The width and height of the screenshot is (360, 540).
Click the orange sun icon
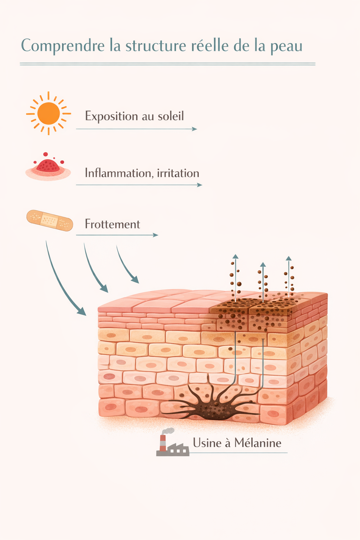coord(49,113)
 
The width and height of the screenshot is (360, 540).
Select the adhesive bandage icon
coord(50,220)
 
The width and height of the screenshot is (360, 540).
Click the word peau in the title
coord(286,46)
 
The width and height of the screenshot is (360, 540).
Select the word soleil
coord(171,116)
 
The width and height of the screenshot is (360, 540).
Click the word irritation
coord(178,173)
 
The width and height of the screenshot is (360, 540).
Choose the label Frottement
coord(112,224)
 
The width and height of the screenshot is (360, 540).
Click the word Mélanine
coord(258,443)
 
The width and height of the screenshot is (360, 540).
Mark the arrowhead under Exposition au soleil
coord(194,129)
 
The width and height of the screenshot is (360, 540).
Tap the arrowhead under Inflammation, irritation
coord(199,185)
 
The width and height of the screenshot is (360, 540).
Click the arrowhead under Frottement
coord(155,235)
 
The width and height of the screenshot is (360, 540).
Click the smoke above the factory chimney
coord(168,431)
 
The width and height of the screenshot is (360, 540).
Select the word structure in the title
coord(156,46)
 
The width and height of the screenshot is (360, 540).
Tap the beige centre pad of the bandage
coord(50,220)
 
